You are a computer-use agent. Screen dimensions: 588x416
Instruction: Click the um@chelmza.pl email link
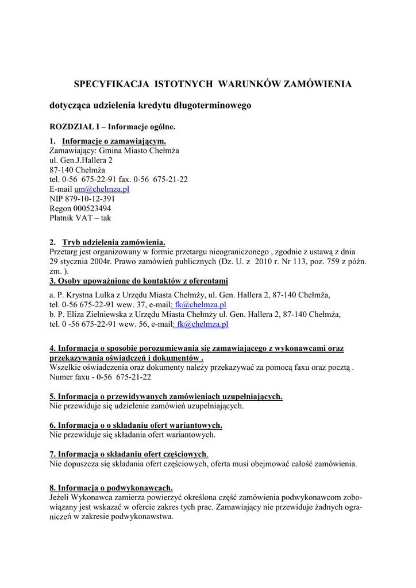[102, 189]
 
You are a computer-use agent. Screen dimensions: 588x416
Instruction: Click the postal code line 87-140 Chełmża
[78, 170]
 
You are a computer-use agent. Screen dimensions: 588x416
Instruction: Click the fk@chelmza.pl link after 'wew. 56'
[202, 324]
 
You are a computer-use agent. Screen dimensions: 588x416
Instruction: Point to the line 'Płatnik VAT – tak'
[80, 218]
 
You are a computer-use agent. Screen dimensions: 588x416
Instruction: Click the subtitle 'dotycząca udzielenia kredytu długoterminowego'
[151, 106]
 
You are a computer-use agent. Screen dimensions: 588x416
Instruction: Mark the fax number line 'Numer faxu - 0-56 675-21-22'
[101, 377]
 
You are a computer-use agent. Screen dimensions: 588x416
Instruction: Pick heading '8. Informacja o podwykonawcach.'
[111, 488]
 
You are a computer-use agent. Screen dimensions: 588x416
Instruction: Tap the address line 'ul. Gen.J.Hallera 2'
[81, 160]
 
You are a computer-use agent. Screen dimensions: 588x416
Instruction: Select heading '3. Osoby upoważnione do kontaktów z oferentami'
[139, 281]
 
